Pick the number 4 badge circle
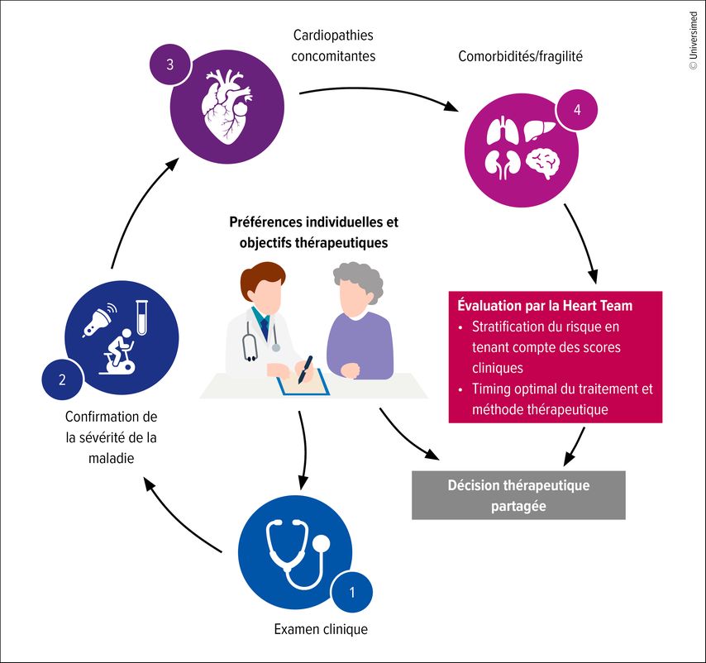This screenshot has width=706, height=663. click(576, 110)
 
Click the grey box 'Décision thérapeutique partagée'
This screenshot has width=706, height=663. click(518, 495)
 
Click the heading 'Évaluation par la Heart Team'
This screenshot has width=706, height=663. click(545, 306)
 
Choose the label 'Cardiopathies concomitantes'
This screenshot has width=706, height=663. click(334, 46)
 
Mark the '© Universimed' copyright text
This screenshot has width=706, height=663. click(693, 41)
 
